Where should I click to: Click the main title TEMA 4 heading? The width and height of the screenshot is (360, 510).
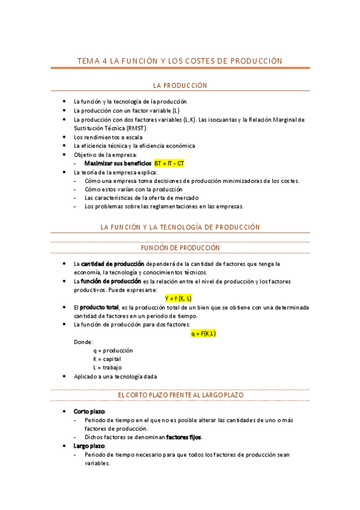[180, 61]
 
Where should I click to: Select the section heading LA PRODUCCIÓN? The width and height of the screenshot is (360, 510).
[180, 85]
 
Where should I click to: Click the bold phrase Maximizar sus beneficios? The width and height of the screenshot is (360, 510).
[118, 163]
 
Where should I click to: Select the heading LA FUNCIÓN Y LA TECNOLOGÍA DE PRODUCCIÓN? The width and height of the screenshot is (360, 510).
[180, 227]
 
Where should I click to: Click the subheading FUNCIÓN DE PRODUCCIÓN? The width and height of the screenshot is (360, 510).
[180, 248]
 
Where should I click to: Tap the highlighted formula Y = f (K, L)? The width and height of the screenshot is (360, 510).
[178, 298]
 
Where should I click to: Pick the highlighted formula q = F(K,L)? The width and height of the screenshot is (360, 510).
[203, 333]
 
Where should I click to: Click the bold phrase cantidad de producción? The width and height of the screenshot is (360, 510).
[112, 264]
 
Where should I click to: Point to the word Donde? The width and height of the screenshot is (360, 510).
[84, 342]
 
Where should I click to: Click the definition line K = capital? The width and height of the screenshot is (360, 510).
[107, 359]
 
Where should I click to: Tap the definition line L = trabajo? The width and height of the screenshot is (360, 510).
[108, 367]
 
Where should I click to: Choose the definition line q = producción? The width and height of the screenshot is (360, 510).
[113, 350]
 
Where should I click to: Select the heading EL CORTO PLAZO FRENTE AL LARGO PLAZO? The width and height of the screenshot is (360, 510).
[180, 395]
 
